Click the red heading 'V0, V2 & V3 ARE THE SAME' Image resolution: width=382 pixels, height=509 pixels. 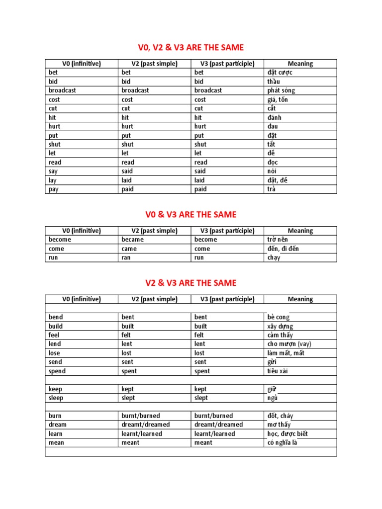click(x=191, y=47)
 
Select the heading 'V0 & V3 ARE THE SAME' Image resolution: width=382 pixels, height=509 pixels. click(x=191, y=215)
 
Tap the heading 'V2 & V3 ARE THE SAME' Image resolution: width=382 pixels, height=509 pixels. click(x=191, y=283)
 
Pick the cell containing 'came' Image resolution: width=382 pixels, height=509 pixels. click(x=129, y=249)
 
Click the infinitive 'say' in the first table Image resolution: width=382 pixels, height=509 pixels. click(x=53, y=171)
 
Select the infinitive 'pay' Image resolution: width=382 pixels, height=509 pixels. click(x=54, y=189)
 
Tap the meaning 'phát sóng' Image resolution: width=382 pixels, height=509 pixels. click(x=281, y=90)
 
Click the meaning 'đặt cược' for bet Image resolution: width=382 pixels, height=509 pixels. click(x=280, y=73)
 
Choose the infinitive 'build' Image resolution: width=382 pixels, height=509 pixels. click(x=56, y=326)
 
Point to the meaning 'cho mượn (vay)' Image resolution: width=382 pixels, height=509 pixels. click(x=289, y=344)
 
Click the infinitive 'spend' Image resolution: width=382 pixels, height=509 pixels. click(x=57, y=371)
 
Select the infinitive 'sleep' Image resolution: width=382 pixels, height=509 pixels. click(x=56, y=398)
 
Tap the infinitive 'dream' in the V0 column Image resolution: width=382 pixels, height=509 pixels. click(x=58, y=424)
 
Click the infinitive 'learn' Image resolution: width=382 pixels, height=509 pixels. click(x=56, y=433)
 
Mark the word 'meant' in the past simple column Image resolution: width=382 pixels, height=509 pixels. click(x=130, y=442)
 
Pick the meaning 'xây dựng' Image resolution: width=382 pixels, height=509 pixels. click(x=281, y=326)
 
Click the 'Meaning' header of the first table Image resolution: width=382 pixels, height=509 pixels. click(x=300, y=64)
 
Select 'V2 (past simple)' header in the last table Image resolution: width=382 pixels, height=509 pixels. click(x=154, y=299)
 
